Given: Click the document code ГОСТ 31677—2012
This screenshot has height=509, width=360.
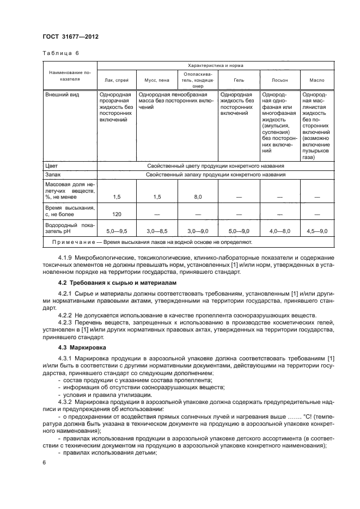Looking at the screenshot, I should [67, 36].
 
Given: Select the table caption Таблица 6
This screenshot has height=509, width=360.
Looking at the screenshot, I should [61, 53].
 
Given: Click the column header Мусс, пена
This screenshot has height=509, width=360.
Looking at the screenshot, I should [156, 80].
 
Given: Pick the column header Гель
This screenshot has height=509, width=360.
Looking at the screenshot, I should [239, 80].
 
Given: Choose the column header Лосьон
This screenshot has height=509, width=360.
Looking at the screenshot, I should [279, 80].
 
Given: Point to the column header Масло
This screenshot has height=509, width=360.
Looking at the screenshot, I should [316, 80].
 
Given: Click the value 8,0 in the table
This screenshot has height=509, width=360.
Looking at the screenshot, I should [197, 196].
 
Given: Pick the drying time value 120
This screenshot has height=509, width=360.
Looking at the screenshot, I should [116, 214].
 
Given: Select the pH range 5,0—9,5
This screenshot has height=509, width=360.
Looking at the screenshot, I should [116, 231].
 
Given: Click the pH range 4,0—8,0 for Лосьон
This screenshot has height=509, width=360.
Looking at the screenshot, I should [279, 231].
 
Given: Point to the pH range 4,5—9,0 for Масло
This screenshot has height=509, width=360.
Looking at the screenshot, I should [316, 231].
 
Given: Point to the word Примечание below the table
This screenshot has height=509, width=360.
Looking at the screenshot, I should [74, 241].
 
